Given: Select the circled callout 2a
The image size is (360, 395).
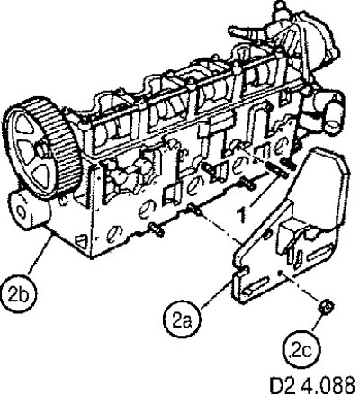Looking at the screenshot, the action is (x=182, y=321).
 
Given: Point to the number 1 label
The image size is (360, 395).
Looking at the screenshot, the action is (x=241, y=214).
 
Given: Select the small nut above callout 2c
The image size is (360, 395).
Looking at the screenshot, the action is (x=327, y=307).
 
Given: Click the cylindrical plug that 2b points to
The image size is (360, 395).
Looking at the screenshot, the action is (x=29, y=211).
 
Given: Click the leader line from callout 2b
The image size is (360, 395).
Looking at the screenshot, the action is (x=40, y=255).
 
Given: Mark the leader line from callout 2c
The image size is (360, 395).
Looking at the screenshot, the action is (x=319, y=321).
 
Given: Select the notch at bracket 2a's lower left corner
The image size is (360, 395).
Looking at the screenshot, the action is (x=241, y=272).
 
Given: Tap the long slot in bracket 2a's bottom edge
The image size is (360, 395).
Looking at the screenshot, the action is (x=255, y=285).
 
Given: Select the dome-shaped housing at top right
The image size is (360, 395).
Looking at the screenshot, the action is (x=318, y=39).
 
